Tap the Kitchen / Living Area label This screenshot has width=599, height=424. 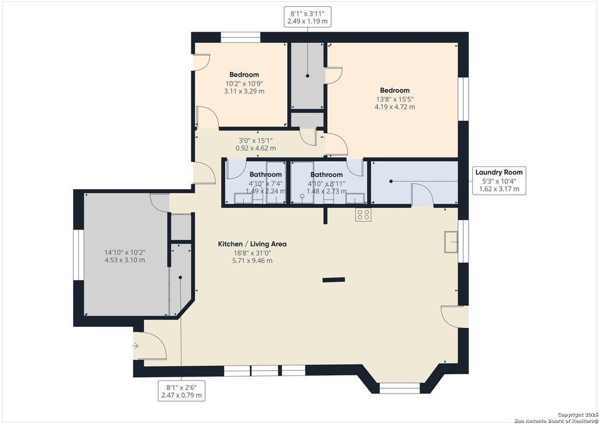[252, 244]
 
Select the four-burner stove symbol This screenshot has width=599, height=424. [363, 215]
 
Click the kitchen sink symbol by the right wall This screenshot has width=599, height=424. [451, 242]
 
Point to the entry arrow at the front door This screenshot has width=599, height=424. [135, 346]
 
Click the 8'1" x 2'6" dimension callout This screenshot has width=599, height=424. [181, 391]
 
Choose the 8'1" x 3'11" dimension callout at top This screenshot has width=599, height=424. [308, 17]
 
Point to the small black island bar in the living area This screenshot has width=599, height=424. [333, 280]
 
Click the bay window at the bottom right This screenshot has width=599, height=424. [400, 388]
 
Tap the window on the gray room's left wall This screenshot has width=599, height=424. [78, 255]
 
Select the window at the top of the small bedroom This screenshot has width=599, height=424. [240, 37]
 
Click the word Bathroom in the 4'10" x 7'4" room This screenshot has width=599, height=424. [266, 175]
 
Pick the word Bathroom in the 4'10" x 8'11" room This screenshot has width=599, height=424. [326, 175]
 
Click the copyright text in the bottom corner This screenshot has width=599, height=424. [556, 418]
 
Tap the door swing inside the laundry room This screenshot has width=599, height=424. [422, 195]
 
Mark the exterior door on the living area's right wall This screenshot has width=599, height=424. [455, 317]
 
